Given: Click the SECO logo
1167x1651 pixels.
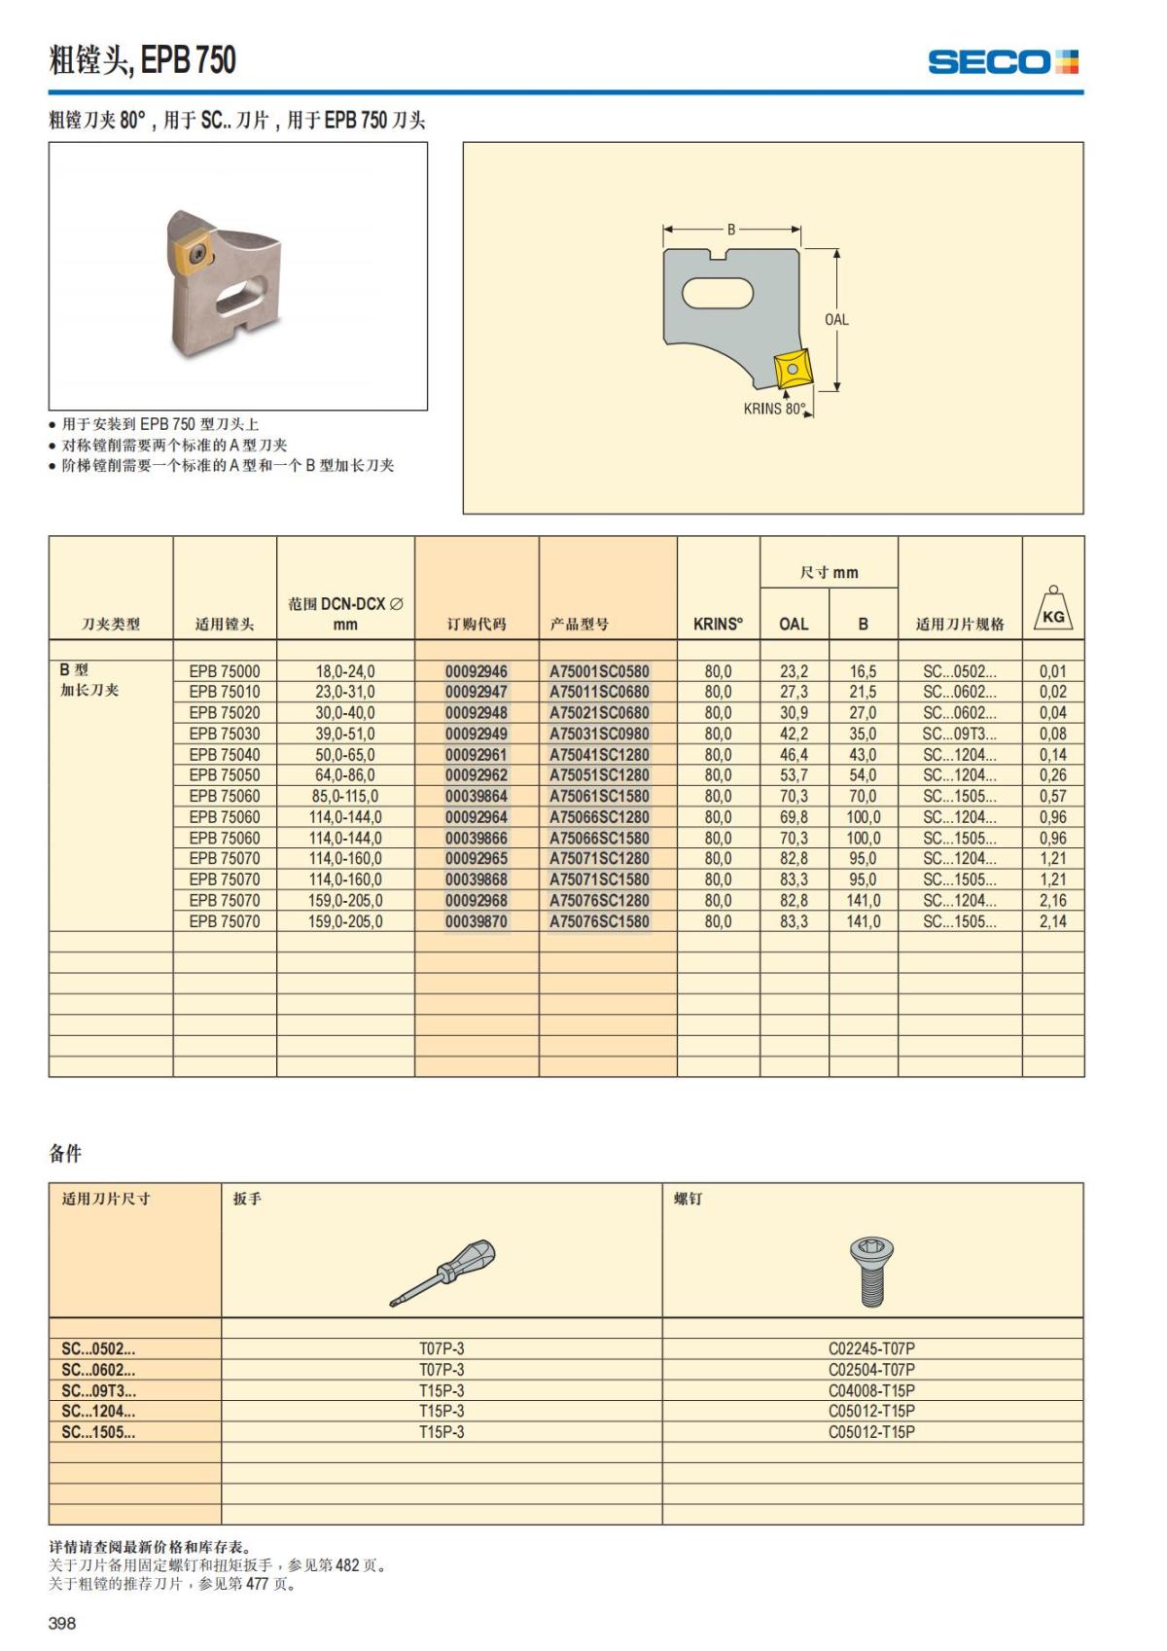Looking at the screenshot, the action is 1003,62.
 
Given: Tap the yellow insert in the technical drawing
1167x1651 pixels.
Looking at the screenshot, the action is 793,370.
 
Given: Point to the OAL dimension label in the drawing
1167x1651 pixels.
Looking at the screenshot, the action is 836,319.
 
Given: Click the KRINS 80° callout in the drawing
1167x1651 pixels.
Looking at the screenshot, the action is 775,409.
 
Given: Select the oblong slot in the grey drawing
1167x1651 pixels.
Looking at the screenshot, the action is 720,293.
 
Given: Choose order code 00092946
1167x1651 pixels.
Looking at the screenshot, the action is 477,671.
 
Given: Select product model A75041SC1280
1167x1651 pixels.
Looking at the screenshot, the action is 599,755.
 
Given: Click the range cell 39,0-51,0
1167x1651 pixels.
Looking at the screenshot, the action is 345,734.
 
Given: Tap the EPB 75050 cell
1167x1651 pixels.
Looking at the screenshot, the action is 225,775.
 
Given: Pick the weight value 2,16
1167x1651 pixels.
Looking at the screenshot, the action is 1052,901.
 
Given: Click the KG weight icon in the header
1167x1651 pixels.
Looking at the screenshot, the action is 1052,610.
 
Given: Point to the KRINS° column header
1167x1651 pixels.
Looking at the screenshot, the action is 718,625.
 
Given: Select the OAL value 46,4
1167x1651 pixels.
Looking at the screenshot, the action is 794,755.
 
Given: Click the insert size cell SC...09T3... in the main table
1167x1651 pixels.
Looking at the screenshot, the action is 959,734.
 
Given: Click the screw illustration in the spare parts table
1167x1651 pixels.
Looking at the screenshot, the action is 871,1270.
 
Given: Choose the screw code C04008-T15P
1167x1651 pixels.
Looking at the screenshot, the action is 871,1391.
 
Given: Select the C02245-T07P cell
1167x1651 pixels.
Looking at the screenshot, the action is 871,1349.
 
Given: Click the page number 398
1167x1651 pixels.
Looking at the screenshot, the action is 62,1623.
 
